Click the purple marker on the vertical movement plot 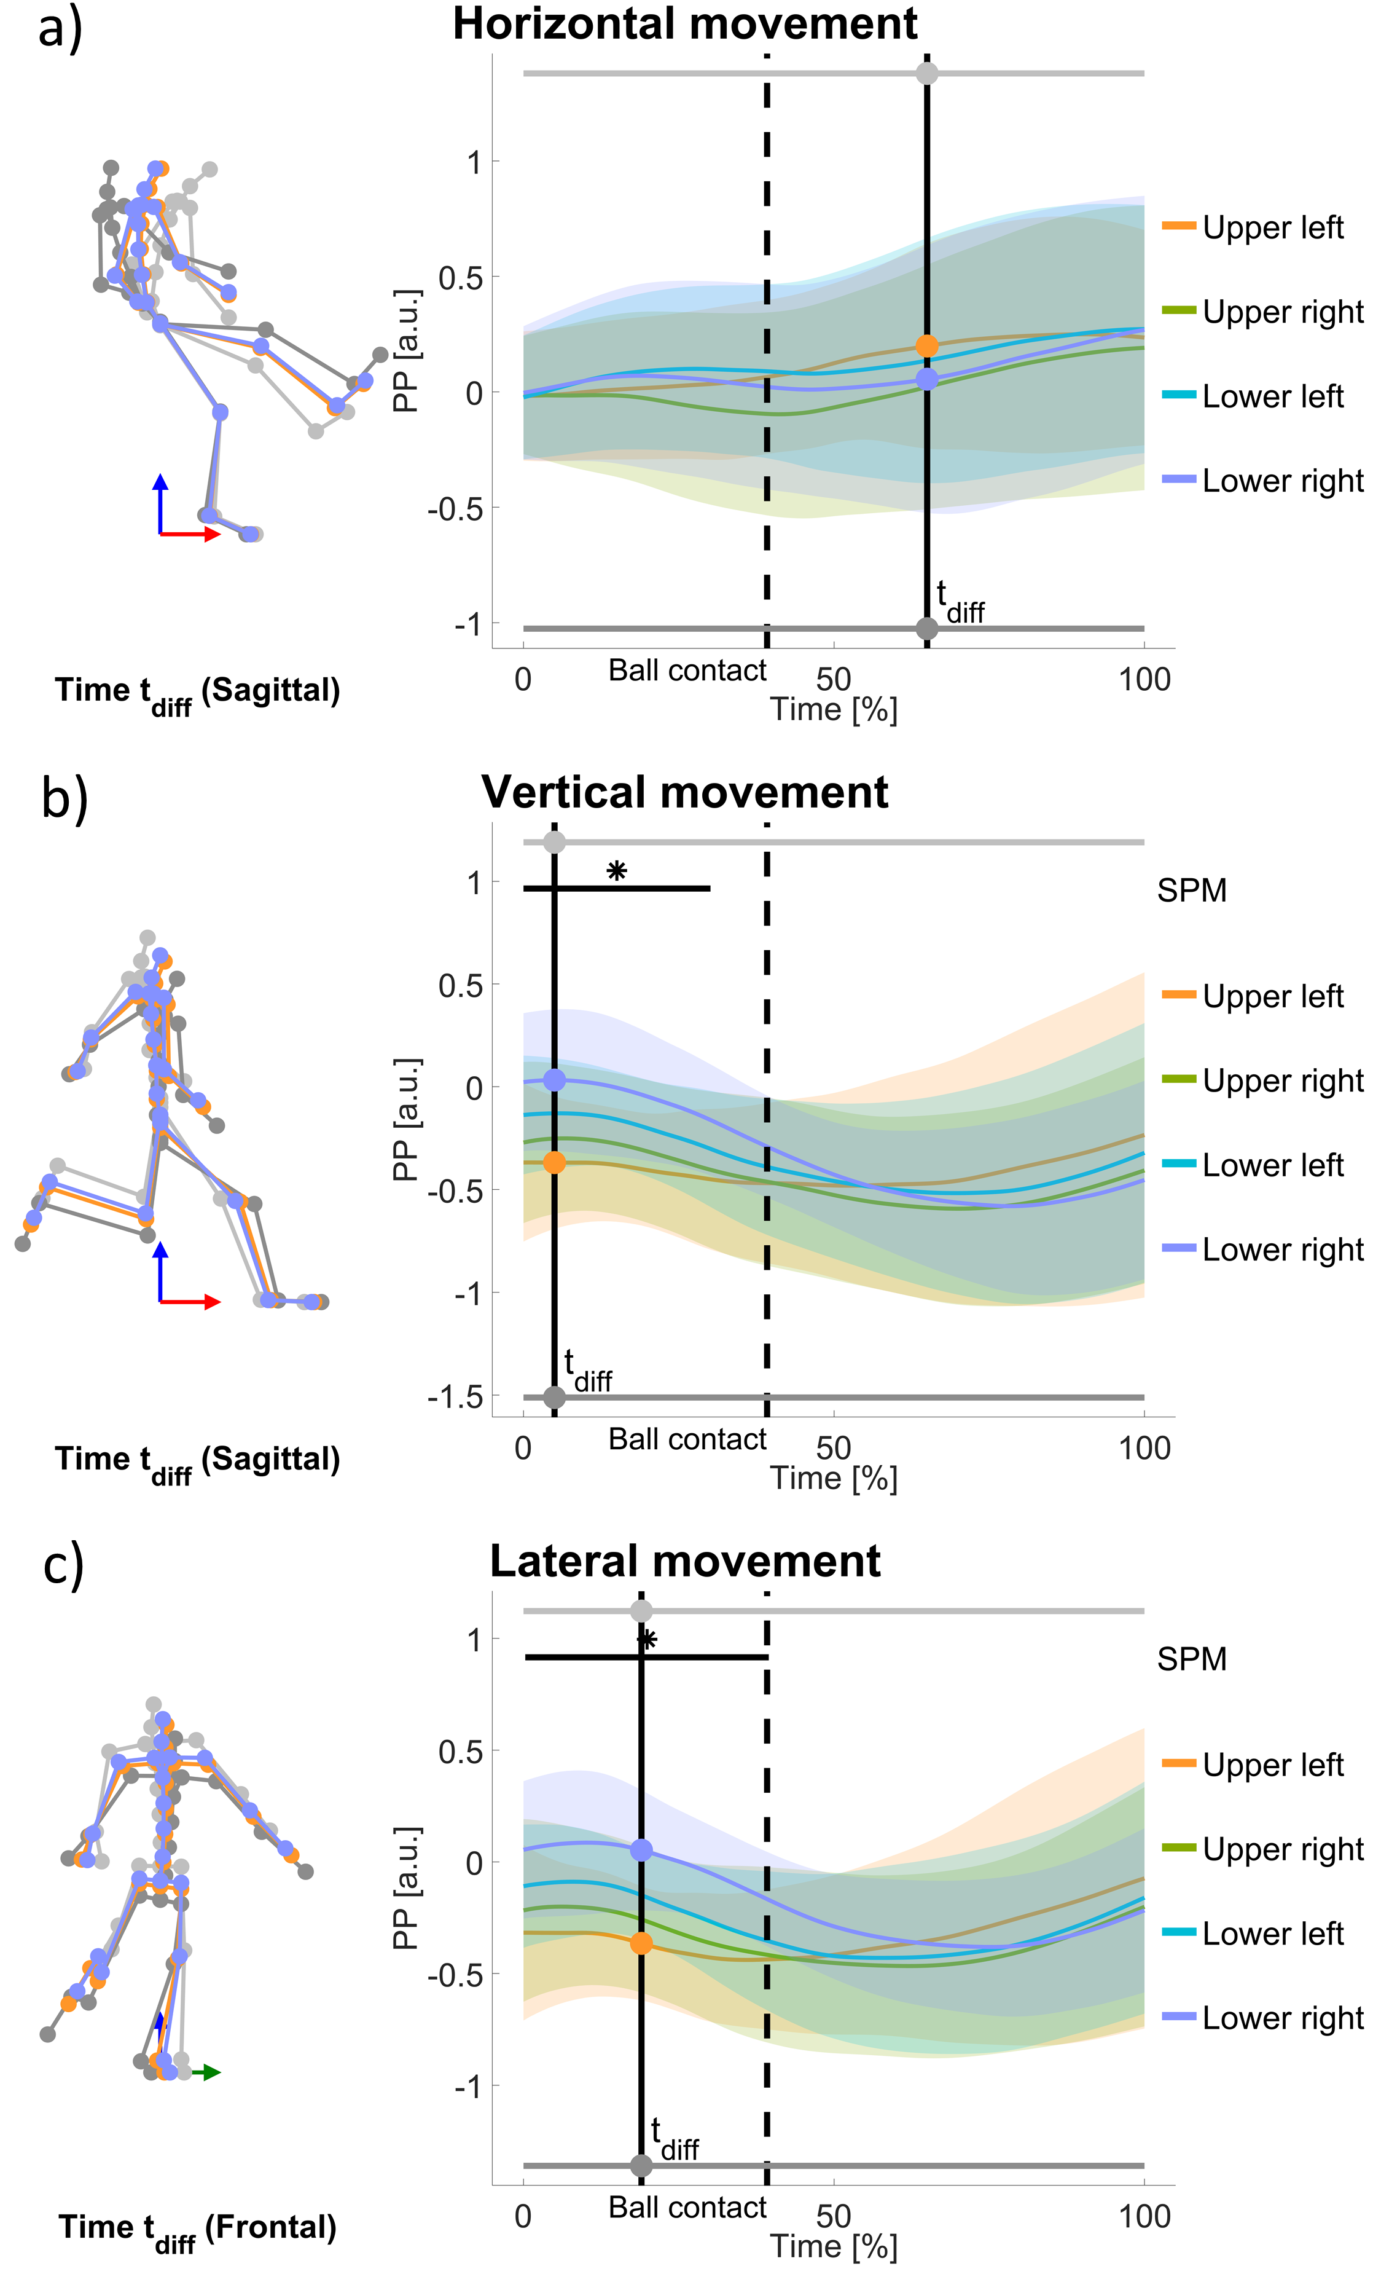tap(554, 1080)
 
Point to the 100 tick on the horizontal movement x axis tap(1144, 680)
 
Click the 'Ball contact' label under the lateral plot tap(687, 2208)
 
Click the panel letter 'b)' tap(65, 797)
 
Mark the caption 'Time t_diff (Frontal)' tap(197, 2230)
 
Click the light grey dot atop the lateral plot tap(641, 1611)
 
